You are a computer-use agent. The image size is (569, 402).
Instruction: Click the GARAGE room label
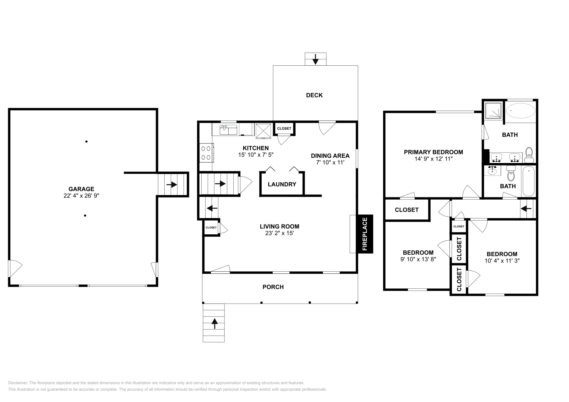(81, 189)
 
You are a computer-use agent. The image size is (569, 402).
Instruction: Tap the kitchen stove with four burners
(206, 153)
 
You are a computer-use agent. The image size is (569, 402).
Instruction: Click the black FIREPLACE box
(365, 234)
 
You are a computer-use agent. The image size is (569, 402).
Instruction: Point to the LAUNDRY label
(282, 184)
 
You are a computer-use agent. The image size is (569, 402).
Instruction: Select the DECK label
(314, 95)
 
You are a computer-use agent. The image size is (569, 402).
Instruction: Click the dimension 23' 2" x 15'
(279, 233)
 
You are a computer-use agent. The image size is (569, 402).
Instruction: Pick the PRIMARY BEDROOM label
(433, 152)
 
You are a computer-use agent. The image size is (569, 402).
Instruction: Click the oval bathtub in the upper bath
(520, 110)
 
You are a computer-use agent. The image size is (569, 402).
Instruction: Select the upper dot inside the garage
(86, 141)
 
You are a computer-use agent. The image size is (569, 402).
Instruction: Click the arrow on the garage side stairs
(173, 184)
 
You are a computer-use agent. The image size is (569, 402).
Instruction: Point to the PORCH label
(273, 287)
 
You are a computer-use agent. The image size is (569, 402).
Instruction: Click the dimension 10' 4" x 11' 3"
(502, 260)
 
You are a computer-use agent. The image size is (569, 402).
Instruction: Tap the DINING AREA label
(330, 156)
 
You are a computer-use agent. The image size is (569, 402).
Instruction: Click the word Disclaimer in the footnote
(17, 383)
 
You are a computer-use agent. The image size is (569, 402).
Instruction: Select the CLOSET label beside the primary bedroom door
(406, 210)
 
